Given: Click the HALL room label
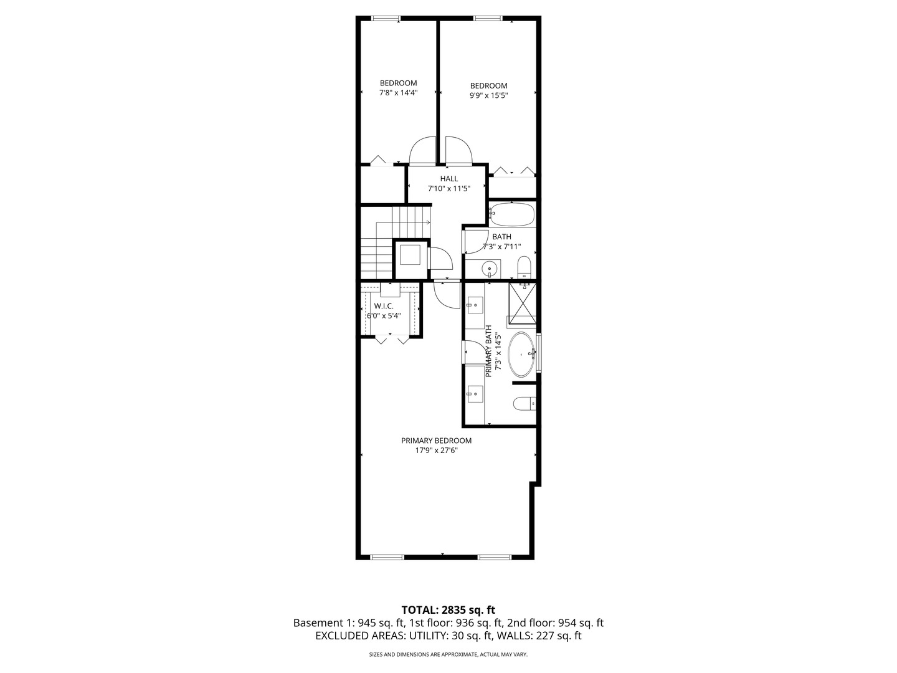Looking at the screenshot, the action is pos(448,179).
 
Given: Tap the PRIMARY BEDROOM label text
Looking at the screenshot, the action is pos(436,441).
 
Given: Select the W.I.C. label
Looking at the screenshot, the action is pos(384,306).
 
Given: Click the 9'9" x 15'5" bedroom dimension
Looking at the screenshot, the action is pos(488,95).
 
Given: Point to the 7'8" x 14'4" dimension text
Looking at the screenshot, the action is pos(399,93).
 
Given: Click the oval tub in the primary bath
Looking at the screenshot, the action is pos(521,355).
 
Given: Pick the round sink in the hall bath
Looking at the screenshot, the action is pos(489,269).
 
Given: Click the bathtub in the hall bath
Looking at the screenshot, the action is pos(512,214).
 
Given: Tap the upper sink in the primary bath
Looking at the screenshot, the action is pos(475,305).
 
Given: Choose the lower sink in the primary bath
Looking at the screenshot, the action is pos(475,394).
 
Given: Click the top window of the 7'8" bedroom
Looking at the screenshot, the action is pos(386,18).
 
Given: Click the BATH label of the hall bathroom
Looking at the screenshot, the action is pos(501,237).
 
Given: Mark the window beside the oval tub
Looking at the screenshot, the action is pos(539,353).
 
